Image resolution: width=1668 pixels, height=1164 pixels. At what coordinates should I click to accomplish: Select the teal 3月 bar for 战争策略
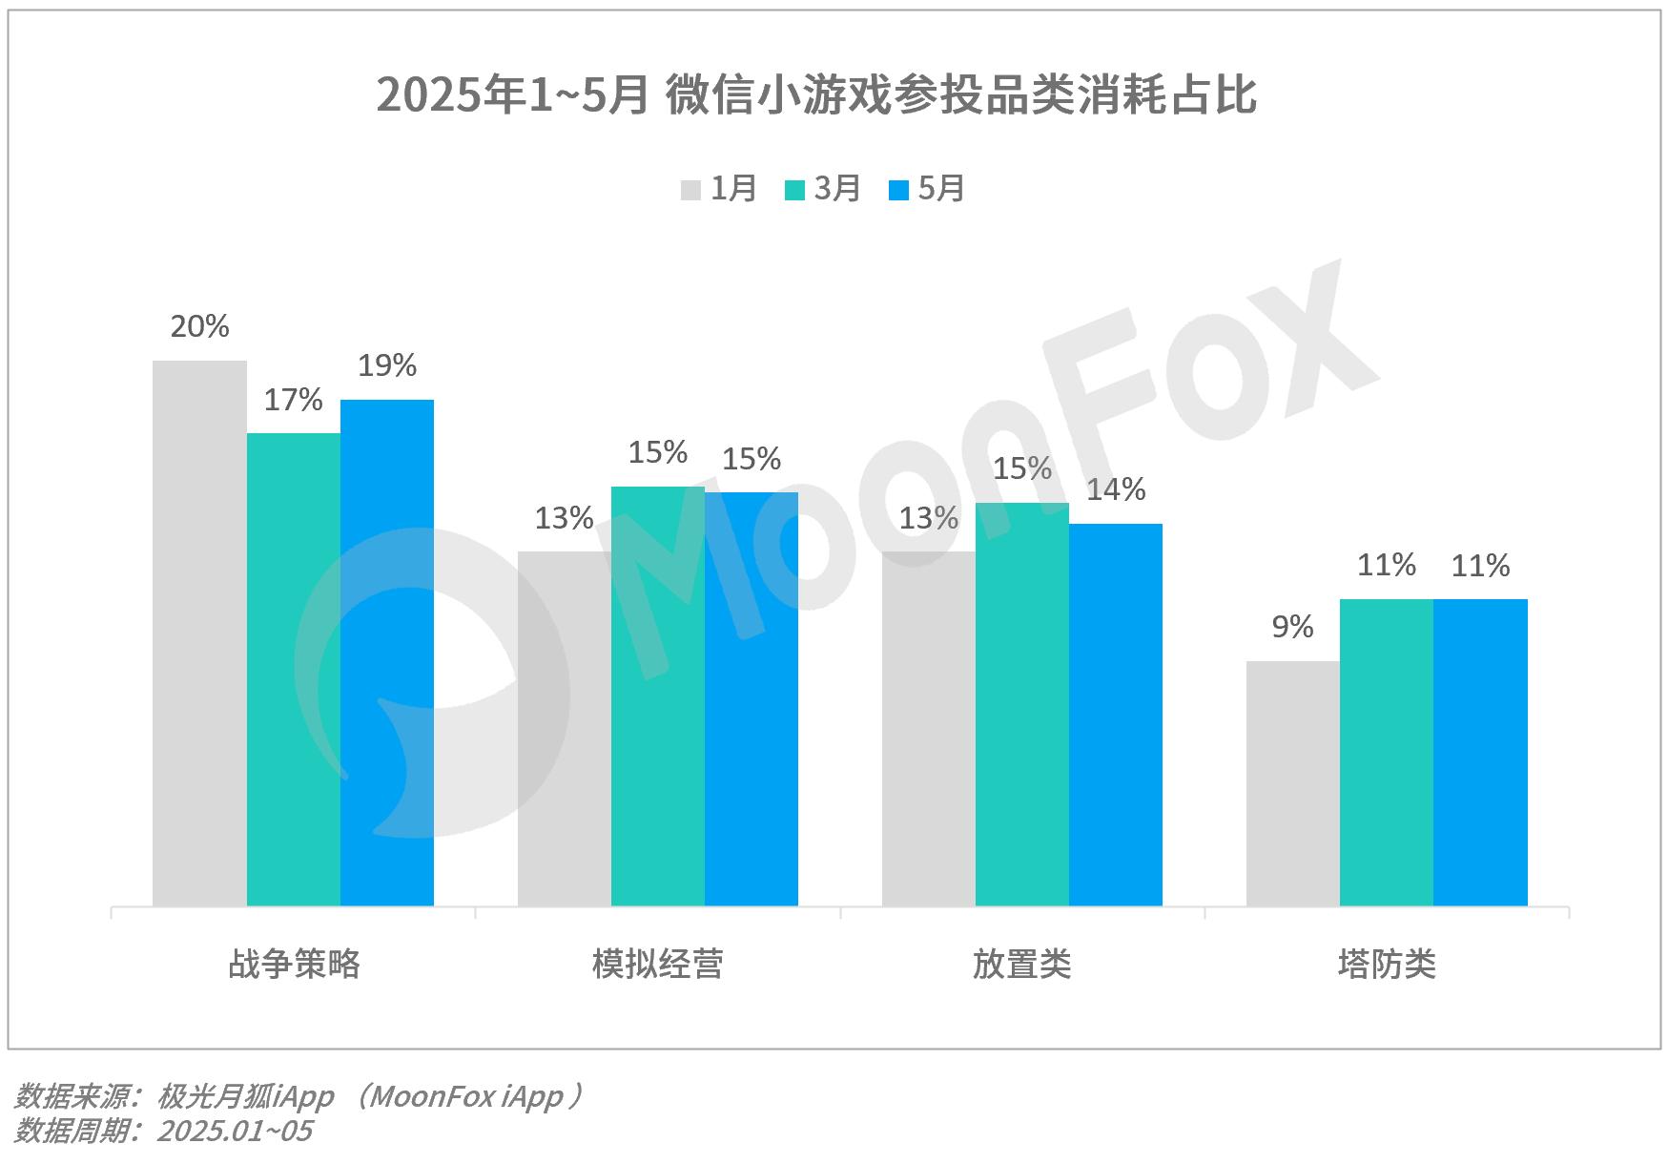click(293, 669)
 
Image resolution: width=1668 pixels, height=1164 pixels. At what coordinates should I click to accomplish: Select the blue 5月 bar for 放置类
click(1115, 715)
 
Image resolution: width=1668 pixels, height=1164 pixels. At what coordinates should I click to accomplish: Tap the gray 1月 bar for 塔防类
click(1292, 783)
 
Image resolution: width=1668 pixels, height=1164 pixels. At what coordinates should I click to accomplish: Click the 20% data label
click(199, 327)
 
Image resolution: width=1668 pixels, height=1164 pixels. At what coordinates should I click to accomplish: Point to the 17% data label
click(293, 400)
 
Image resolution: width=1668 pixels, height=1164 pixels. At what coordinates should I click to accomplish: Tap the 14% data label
click(1115, 489)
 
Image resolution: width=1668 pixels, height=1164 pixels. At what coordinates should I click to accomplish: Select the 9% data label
click(1292, 627)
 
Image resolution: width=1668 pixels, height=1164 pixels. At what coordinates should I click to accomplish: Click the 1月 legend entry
click(719, 189)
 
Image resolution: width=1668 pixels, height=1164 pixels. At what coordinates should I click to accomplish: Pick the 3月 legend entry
click(823, 189)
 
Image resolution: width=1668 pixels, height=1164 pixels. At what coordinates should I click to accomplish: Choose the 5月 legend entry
click(927, 189)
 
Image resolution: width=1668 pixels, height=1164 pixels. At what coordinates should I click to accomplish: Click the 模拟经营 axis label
click(657, 964)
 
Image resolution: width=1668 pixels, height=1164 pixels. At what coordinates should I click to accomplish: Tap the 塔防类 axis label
click(1386, 964)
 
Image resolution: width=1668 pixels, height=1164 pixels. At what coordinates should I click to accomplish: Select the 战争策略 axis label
click(294, 964)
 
